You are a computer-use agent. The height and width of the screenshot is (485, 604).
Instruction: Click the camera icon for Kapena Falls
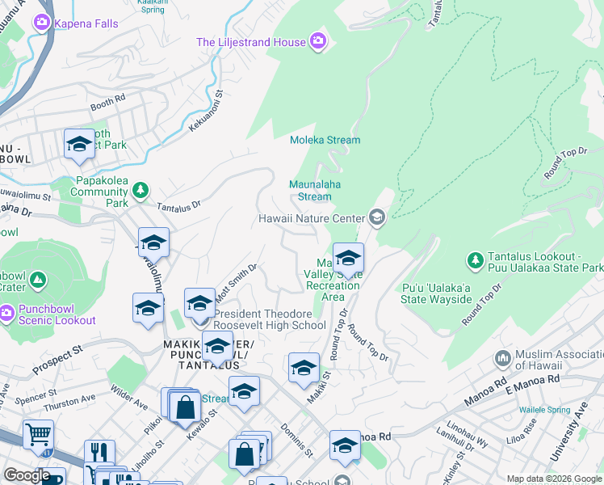click(x=40, y=23)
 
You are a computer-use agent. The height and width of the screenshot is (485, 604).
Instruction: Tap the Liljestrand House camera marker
click(x=317, y=40)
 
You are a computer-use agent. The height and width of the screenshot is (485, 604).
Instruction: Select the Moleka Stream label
click(x=325, y=140)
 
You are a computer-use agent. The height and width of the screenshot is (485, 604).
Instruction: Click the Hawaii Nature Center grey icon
click(x=376, y=217)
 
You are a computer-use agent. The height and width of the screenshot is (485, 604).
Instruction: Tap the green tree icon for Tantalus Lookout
click(x=475, y=260)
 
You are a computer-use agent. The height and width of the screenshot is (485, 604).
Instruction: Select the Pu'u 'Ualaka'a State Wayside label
click(x=436, y=293)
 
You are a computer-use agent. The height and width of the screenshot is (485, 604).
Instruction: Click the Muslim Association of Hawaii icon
click(x=502, y=357)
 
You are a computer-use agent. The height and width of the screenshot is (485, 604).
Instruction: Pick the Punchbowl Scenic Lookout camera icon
click(x=7, y=313)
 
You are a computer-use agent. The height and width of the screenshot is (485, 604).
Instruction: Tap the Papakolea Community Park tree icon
click(x=141, y=190)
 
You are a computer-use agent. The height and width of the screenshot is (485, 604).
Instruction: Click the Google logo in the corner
click(x=27, y=475)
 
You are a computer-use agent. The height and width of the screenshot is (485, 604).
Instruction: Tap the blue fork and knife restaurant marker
click(x=99, y=453)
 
